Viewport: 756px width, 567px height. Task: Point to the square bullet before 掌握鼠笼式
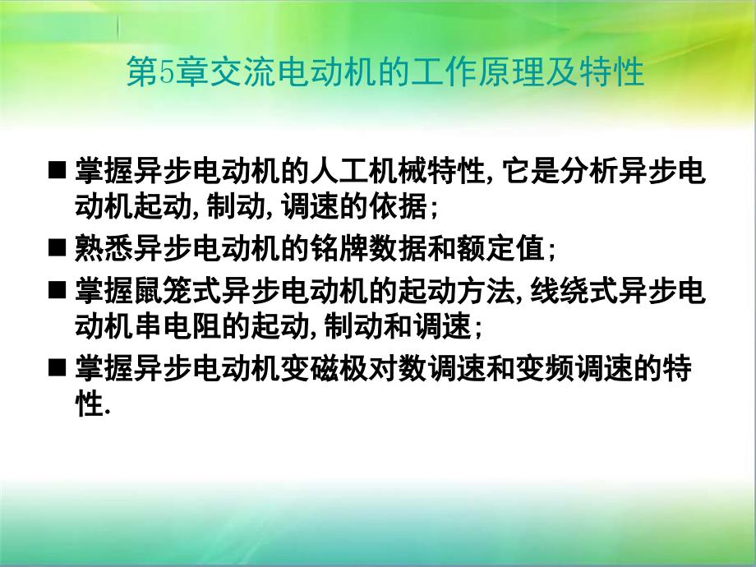(57, 290)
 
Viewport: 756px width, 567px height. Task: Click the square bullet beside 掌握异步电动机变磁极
(57, 367)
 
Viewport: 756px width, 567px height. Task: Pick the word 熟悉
(104, 248)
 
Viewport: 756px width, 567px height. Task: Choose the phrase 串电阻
(177, 326)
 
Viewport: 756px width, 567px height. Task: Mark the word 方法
(486, 291)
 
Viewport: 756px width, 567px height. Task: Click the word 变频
(544, 368)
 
